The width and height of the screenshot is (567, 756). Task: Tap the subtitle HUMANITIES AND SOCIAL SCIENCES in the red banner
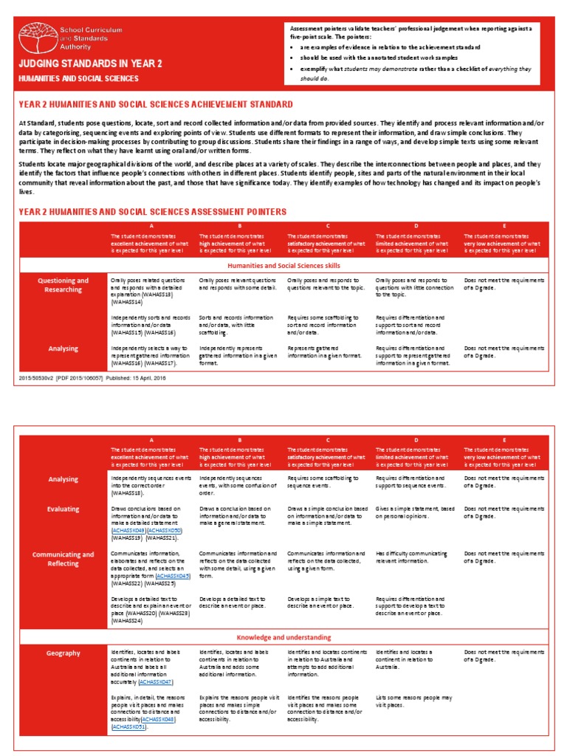pos(78,78)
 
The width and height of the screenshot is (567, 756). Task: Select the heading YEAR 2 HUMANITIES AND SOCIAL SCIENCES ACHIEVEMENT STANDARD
pos(155,105)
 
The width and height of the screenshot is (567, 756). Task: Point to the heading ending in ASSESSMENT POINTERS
pos(152,212)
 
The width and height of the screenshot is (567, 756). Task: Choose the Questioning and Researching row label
pos(63,285)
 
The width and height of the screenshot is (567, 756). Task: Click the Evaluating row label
pos(63,509)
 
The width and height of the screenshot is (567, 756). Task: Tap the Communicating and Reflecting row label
pos(63,559)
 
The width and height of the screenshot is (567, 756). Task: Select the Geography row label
pos(63,653)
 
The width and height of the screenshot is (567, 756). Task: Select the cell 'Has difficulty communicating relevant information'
pos(410,557)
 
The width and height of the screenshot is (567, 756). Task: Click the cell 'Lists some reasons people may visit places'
pos(414,701)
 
